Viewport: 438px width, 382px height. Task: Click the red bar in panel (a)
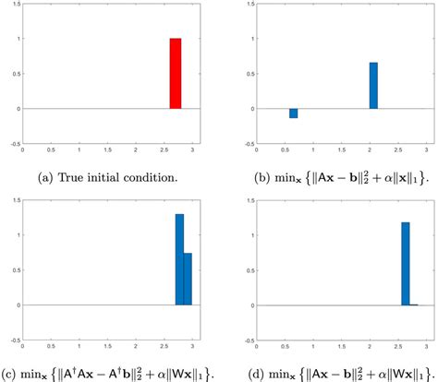(176, 74)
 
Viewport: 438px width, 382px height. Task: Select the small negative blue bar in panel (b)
(294, 113)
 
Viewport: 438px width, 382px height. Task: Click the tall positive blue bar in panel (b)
(373, 86)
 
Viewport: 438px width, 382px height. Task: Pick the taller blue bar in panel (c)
(179, 259)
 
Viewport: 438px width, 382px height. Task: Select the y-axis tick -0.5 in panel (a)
(13, 143)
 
